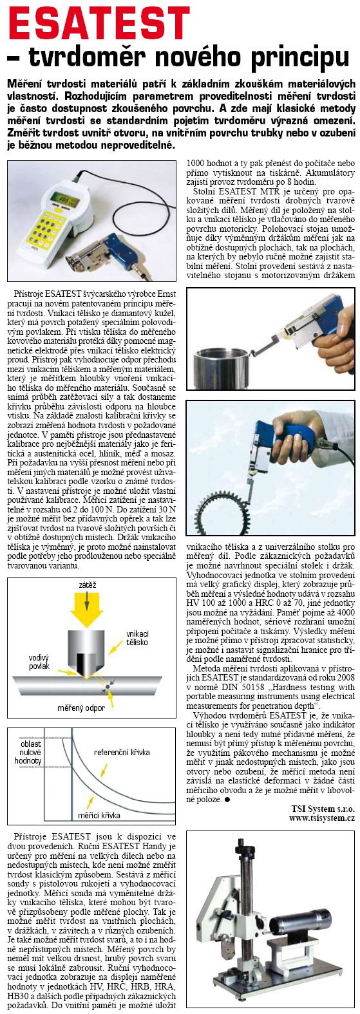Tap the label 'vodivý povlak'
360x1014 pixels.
point(38,662)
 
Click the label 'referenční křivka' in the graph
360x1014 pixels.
point(122,752)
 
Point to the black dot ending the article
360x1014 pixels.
point(227,799)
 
